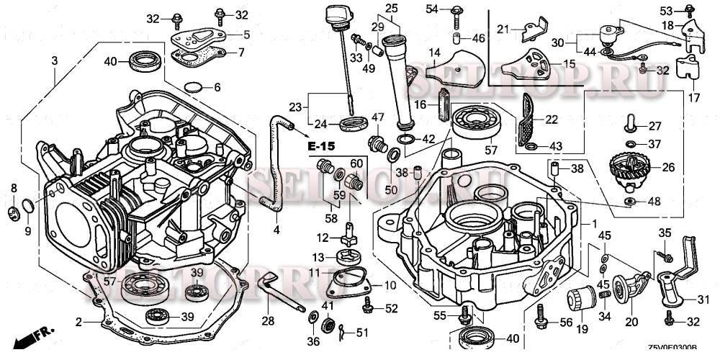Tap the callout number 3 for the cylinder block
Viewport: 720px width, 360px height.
click(x=55, y=62)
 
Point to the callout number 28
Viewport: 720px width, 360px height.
click(x=268, y=320)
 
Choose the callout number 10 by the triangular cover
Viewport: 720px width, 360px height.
click(x=390, y=286)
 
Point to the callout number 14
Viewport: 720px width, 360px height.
click(x=434, y=53)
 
